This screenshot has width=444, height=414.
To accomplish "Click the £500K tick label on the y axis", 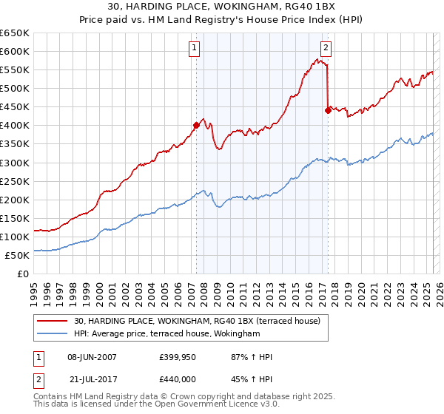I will click(15, 88).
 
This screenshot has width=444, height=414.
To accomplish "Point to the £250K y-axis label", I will click(15, 181).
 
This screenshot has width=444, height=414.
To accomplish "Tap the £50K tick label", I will click(18, 255).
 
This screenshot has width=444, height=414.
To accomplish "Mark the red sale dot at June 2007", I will click(196, 126).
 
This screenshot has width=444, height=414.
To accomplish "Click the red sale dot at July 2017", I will click(328, 110).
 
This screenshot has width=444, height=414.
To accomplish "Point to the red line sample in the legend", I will click(52, 322).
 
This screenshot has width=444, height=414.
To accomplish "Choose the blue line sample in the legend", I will click(52, 334).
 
